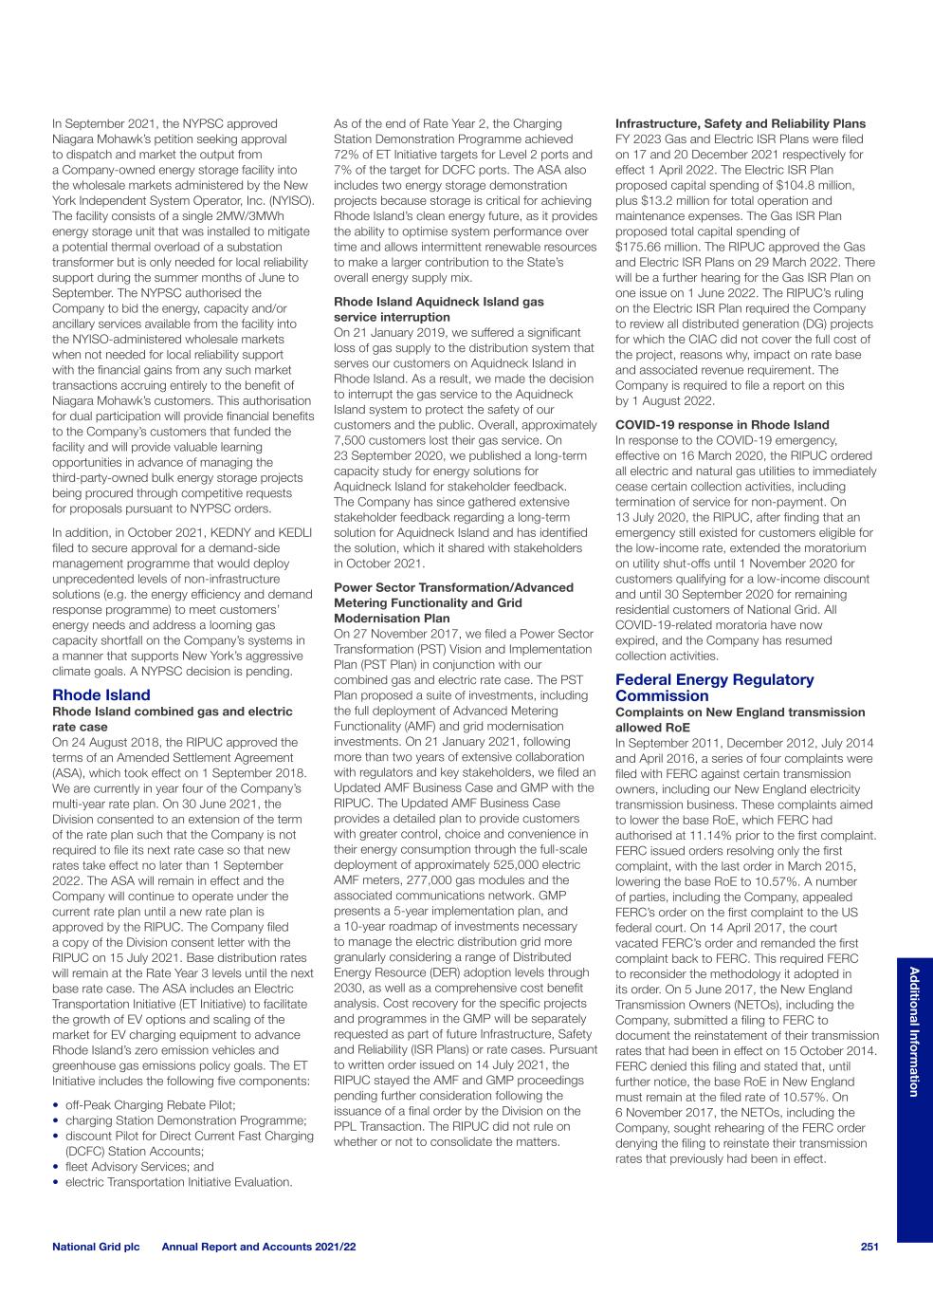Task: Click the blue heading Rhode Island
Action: click(101, 694)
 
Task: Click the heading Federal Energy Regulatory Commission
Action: click(714, 688)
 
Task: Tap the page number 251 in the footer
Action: click(869, 1247)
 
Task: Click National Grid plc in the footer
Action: click(96, 1247)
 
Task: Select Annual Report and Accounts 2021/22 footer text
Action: click(259, 1247)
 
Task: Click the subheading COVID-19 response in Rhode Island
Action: click(722, 425)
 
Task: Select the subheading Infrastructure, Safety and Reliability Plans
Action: click(740, 123)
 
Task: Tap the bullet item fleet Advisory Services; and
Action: click(139, 1167)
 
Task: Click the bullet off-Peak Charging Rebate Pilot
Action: click(150, 1105)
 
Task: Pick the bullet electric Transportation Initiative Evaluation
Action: click(178, 1182)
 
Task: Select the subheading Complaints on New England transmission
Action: click(740, 712)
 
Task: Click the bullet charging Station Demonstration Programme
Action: click(186, 1120)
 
